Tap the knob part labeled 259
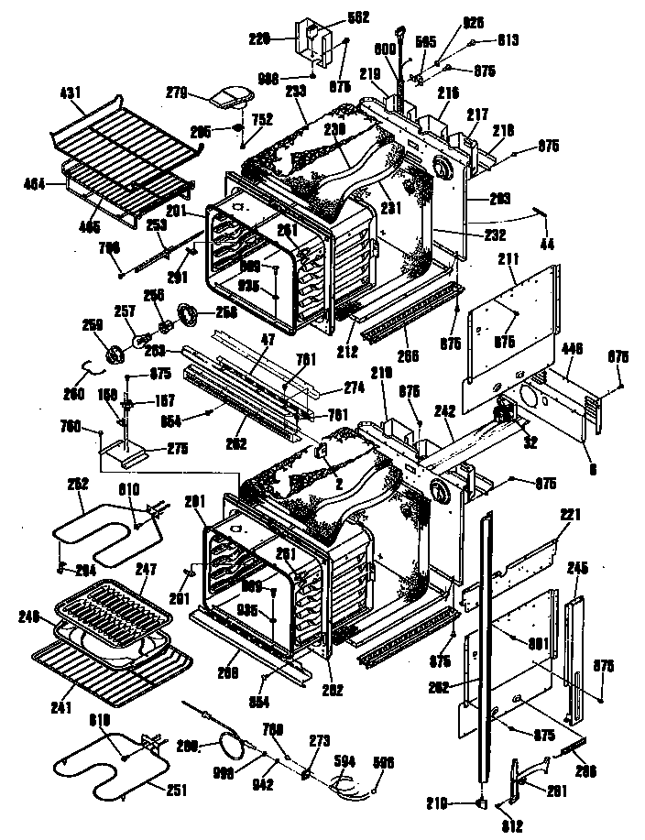pyautogui.click(x=116, y=355)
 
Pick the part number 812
pyautogui.click(x=512, y=828)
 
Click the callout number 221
pyautogui.click(x=570, y=516)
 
